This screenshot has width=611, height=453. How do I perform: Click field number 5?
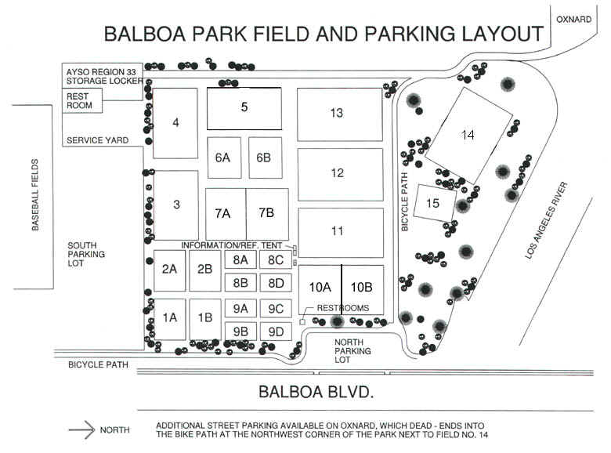point(244,108)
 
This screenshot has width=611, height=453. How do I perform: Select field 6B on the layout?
point(266,158)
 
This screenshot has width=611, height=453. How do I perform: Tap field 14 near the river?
point(468,136)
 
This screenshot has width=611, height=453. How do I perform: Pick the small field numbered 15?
point(435,203)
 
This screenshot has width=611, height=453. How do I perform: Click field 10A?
point(320,290)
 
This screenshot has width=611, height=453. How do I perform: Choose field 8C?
point(276,259)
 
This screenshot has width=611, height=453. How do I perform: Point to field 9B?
point(240,332)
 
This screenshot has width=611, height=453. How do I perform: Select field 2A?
point(169,270)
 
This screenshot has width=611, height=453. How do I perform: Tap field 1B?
point(205,319)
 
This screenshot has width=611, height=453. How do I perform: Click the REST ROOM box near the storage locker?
point(82,100)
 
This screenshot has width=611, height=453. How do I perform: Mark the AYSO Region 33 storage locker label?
point(104,76)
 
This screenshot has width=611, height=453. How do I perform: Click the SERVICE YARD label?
point(97,140)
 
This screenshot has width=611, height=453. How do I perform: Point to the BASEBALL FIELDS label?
point(35,194)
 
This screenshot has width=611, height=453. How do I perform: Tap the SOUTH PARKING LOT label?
point(86,254)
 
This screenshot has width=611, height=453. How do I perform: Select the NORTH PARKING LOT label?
point(352,351)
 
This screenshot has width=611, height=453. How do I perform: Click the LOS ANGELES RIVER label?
point(546,220)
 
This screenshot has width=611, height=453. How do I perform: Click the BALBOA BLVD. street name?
point(316,391)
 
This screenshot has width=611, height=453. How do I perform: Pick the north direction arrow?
point(81,430)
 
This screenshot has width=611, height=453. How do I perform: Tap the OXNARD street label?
point(573,19)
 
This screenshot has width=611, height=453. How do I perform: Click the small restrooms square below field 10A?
point(302,322)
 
